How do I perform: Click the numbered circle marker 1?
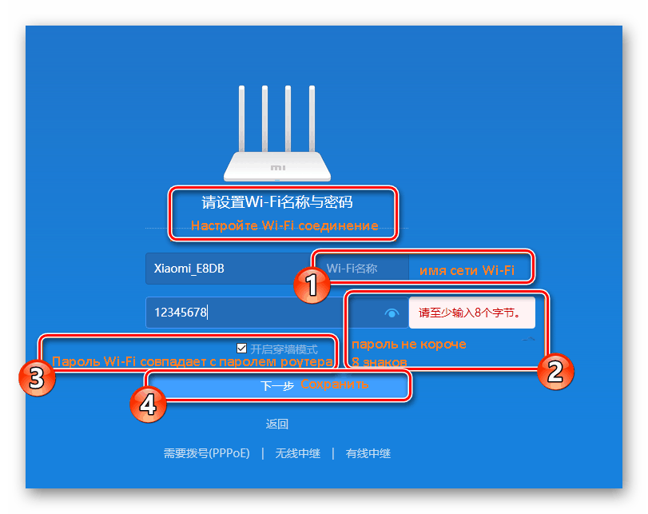coord(309,285)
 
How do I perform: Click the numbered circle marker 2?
coord(555,371)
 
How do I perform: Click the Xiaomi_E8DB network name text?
coord(190,269)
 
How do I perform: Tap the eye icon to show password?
coord(392,313)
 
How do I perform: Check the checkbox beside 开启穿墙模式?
coord(241,349)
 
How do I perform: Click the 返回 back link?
coord(277,424)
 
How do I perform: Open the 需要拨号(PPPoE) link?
coord(207,453)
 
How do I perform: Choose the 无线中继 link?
coord(297,453)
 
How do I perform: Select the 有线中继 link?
coord(368,453)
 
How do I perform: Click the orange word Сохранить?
coord(335,385)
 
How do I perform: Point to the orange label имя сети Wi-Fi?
coord(467,271)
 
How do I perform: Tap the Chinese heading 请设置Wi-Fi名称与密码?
coord(276,201)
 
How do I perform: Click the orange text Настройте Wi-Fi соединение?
coord(284,225)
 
